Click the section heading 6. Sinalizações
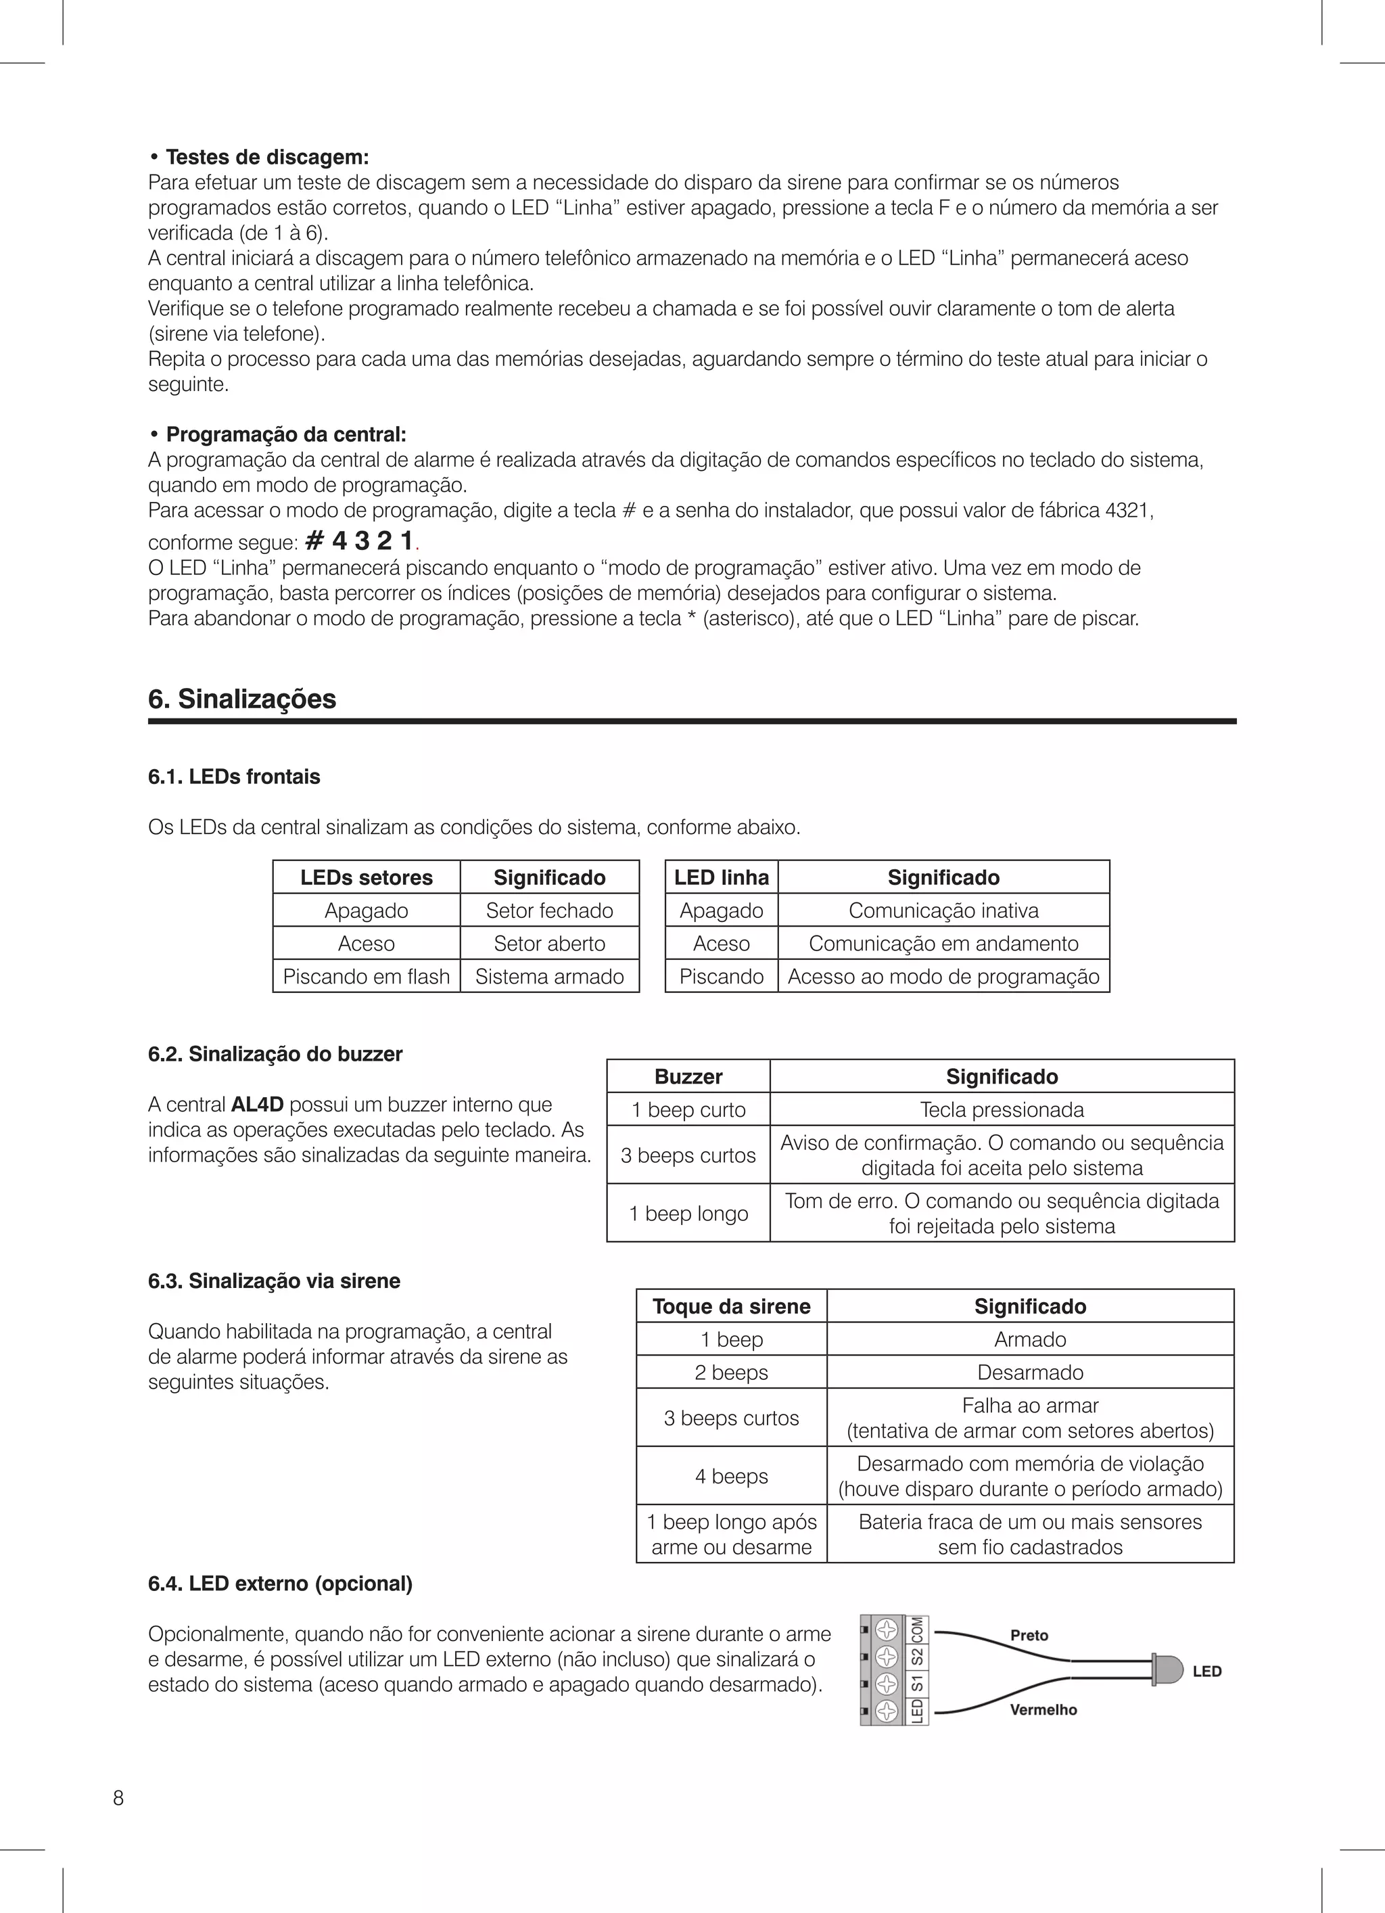coord(242,699)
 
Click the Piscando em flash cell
coord(366,977)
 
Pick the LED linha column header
coord(721,877)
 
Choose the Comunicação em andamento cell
coord(943,943)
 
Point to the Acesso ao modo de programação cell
coord(943,977)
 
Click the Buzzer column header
coord(688,1076)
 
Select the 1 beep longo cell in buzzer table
coord(688,1213)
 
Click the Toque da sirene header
coord(731,1306)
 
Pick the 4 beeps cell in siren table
coord(731,1476)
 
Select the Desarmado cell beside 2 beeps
coord(1030,1373)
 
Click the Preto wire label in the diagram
coord(1029,1636)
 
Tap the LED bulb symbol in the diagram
coord(1167,1671)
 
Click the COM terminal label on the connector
coord(918,1630)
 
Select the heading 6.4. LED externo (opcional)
coord(280,1584)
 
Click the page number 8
coord(118,1798)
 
